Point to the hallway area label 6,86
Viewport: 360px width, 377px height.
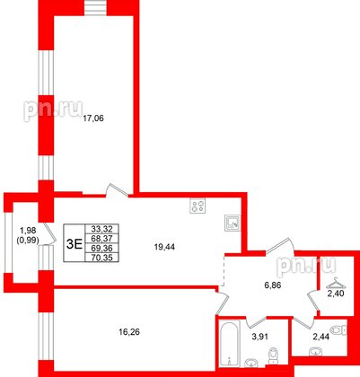click(x=270, y=284)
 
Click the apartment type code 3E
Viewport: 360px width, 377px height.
click(x=75, y=241)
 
